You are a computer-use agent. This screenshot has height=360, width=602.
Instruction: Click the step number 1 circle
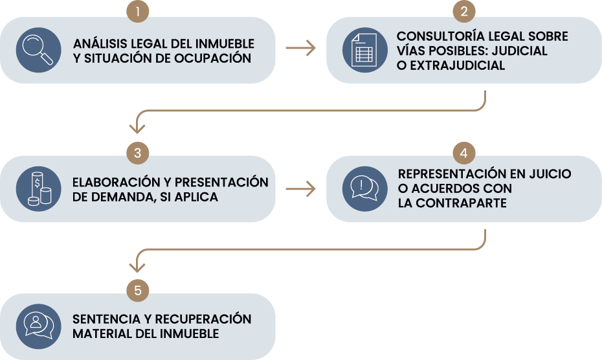click(x=138, y=11)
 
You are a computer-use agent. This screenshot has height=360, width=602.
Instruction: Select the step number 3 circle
click(x=138, y=153)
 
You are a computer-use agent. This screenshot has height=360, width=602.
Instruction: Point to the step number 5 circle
click(x=138, y=291)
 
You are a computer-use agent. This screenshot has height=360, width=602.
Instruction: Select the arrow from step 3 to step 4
click(x=300, y=189)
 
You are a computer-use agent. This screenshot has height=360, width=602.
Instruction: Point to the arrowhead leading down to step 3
click(x=137, y=128)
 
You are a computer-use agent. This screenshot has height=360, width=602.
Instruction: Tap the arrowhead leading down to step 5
click(x=137, y=267)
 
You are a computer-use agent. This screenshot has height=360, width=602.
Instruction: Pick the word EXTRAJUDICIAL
click(x=458, y=65)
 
